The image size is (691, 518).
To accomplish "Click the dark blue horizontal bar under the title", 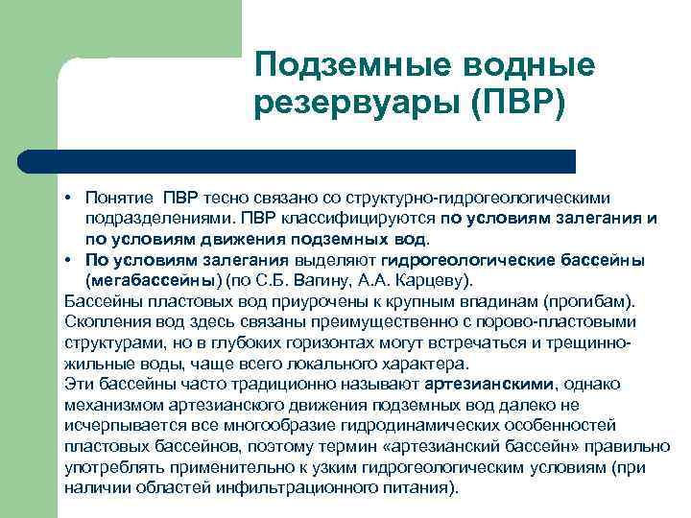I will [317, 161].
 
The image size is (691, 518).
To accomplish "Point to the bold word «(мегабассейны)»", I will [154, 280].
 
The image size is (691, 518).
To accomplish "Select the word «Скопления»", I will [103, 321].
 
